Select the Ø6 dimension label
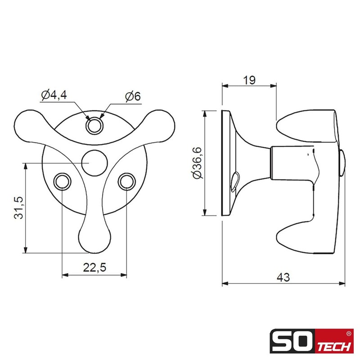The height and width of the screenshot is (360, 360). tap(133, 96)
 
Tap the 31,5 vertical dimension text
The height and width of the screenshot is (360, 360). tap(18, 207)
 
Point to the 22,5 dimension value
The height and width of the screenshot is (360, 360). tap(94, 267)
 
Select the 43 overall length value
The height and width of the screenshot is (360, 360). tap(283, 277)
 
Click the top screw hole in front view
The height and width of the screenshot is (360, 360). tap(94, 126)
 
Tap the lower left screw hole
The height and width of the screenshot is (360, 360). tap(62, 181)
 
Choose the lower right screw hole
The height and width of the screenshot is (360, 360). tap(126, 181)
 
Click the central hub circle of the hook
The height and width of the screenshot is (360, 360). tap(94, 162)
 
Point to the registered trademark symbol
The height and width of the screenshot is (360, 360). tap(349, 334)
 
